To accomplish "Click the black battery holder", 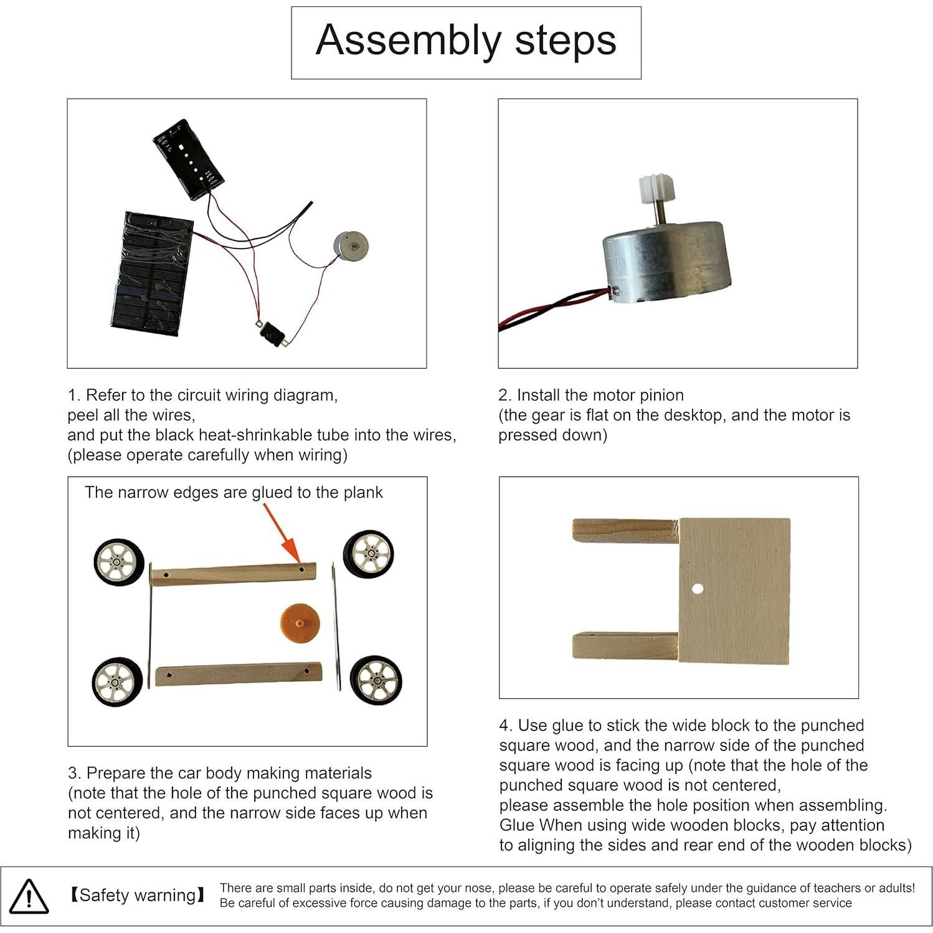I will [188, 159].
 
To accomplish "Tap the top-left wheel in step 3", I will [119, 562].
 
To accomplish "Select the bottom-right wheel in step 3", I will [376, 681].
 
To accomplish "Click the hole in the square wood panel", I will [697, 589].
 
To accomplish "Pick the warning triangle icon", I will [29, 897].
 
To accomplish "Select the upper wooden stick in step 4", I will [625, 531].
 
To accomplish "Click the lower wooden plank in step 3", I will [238, 675].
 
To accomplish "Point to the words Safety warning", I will [137, 896].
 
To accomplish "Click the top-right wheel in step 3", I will [368, 554].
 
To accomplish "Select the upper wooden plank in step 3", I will [233, 574].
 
